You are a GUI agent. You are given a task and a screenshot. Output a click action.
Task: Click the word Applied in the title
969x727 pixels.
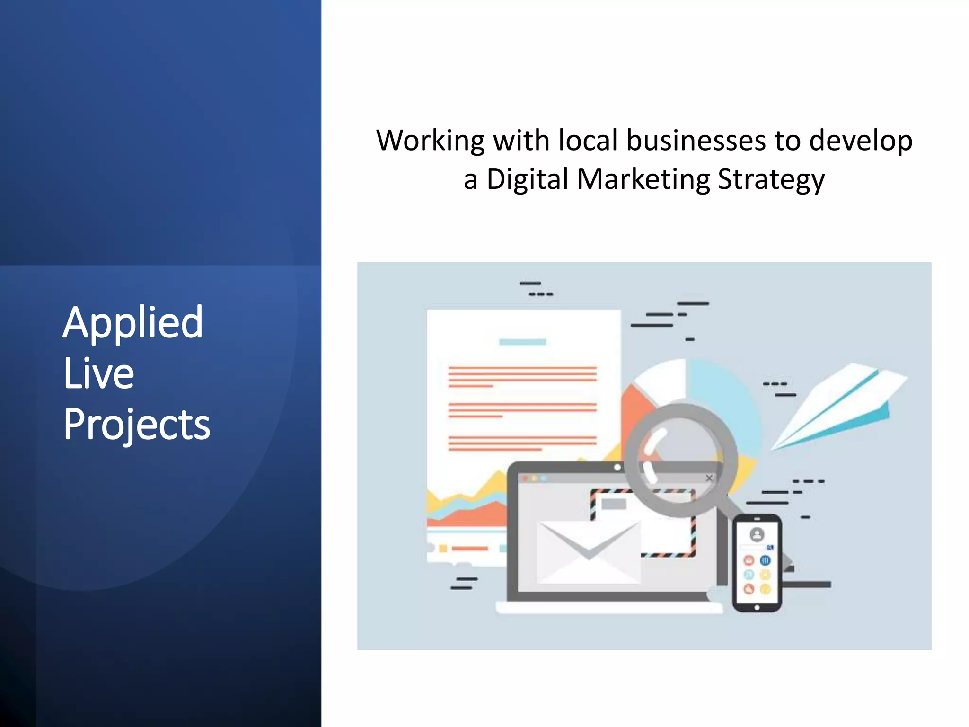pyautogui.click(x=133, y=323)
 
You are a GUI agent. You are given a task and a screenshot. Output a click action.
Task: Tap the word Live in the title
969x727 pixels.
pyautogui.click(x=99, y=374)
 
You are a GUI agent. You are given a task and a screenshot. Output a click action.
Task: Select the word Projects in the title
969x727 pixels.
pyautogui.click(x=137, y=425)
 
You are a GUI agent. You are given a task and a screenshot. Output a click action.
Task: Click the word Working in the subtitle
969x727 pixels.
pyautogui.click(x=430, y=141)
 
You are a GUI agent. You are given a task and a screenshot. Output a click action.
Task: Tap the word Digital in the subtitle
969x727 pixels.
pyautogui.click(x=527, y=180)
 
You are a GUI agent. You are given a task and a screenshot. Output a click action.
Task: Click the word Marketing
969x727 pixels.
pyautogui.click(x=643, y=180)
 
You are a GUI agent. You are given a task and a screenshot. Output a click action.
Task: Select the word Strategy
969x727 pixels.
pyautogui.click(x=771, y=180)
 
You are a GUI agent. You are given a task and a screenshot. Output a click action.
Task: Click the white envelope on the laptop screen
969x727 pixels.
pyautogui.click(x=589, y=551)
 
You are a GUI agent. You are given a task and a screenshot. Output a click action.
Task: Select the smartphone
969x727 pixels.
pyautogui.click(x=757, y=563)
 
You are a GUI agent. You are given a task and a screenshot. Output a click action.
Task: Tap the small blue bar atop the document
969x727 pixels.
pyautogui.click(x=522, y=342)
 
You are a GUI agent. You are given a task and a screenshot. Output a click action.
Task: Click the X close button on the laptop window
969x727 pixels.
pyautogui.click(x=709, y=478)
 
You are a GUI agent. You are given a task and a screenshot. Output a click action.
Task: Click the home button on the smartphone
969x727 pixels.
pyautogui.click(x=757, y=607)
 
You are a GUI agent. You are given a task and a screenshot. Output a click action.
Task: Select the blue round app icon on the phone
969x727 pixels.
pyautogui.click(x=765, y=561)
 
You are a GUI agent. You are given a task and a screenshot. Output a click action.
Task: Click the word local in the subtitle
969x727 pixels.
pyautogui.click(x=588, y=141)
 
